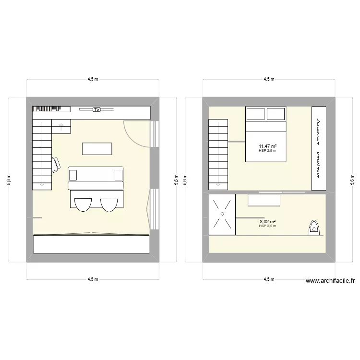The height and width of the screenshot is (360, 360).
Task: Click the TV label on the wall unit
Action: pos(96,110)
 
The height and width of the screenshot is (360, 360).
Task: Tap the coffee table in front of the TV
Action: pos(97,149)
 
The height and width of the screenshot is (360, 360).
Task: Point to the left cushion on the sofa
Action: pos(73,174)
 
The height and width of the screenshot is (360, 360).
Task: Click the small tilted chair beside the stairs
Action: pos(56,163)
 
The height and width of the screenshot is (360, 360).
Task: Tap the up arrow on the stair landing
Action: pos(61,126)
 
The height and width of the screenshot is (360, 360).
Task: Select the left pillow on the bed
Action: pos(255,114)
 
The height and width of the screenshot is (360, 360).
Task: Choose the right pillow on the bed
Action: pos(276,114)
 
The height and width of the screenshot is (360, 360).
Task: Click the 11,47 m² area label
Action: pos(267,146)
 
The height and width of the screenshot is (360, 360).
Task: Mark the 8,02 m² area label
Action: pos(267,221)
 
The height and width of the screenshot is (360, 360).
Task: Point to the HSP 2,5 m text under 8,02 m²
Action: pos(267,226)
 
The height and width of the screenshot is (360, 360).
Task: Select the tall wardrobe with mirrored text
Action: pos(319,149)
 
